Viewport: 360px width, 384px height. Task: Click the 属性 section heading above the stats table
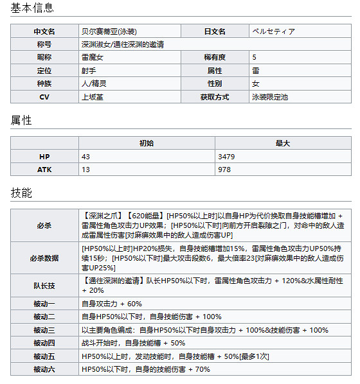[21, 120]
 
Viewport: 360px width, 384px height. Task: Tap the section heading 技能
[21, 193]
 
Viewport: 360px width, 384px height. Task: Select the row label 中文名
[44, 31]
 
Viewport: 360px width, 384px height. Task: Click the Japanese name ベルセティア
[275, 31]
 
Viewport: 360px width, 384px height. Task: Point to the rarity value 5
[255, 57]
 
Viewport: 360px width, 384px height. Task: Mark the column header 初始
[147, 143]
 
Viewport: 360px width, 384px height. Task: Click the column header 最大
[283, 143]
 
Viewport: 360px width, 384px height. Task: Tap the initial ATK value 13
[85, 170]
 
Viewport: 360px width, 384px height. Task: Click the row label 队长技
[44, 286]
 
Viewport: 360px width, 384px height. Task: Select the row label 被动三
[44, 329]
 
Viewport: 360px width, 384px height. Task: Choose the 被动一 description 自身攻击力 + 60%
[112, 303]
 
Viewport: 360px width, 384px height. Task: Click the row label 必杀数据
[44, 258]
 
